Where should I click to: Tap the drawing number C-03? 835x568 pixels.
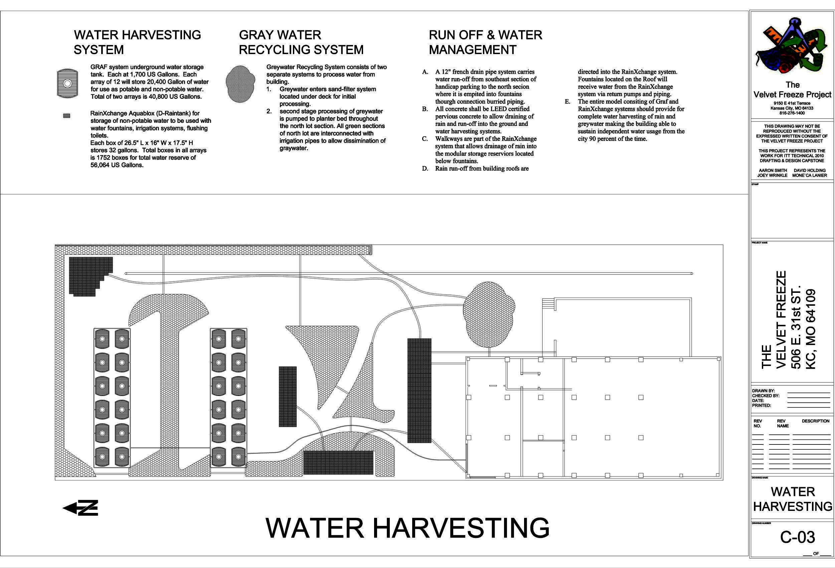click(x=797, y=537)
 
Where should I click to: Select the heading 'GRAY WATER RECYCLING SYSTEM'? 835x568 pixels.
click(x=301, y=42)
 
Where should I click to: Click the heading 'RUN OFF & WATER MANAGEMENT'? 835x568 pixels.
click(x=485, y=42)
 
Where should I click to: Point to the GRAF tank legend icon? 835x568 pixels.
click(x=67, y=83)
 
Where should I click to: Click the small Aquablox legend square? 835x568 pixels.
click(x=66, y=116)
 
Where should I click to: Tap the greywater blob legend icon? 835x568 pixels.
click(x=240, y=84)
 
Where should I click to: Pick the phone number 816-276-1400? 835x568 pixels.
click(x=792, y=113)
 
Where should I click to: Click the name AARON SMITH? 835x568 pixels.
click(x=773, y=170)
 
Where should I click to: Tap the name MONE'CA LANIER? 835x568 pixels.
click(x=810, y=175)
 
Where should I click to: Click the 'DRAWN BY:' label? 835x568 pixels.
click(x=763, y=391)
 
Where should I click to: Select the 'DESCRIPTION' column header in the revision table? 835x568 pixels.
click(x=816, y=421)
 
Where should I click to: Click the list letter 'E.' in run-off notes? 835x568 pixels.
click(x=567, y=102)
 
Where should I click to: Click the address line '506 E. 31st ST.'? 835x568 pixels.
click(x=796, y=327)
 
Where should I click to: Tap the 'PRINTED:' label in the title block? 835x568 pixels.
click(x=761, y=405)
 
